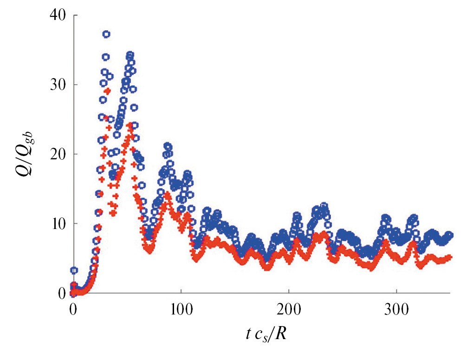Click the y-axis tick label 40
pyautogui.click(x=55, y=15)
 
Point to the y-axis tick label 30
pyautogui.click(x=55, y=85)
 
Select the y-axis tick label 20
pyautogui.click(x=55, y=154)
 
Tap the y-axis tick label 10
pyautogui.click(x=55, y=223)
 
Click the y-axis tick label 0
pyautogui.click(x=59, y=293)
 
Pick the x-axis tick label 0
pyautogui.click(x=73, y=309)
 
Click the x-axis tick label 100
pyautogui.click(x=181, y=309)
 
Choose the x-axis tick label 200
pyautogui.click(x=289, y=309)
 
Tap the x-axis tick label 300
pyautogui.click(x=397, y=309)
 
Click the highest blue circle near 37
pyautogui.click(x=106, y=34)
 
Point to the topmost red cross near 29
pyautogui.click(x=108, y=91)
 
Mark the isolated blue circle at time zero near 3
pyautogui.click(x=74, y=270)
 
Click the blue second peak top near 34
pyautogui.click(x=130, y=55)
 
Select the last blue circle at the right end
pyautogui.click(x=449, y=235)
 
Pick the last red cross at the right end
pyautogui.click(x=449, y=257)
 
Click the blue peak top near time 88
pyautogui.click(x=168, y=146)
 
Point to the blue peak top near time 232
pyautogui.click(x=324, y=205)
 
